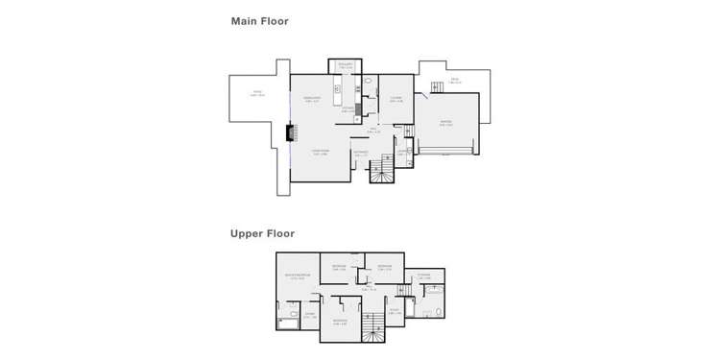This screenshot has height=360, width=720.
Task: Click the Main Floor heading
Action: (259, 21)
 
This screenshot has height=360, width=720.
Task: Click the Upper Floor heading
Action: (262, 233)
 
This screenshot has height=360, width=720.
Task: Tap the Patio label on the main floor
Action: (256, 94)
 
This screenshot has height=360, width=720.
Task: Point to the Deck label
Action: (455, 82)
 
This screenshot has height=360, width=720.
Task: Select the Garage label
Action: (446, 122)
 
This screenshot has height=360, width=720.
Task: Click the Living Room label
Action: (320, 152)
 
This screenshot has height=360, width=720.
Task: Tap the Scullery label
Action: (346, 65)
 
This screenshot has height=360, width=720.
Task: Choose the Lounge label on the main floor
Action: (395, 98)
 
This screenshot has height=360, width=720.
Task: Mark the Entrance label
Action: (360, 152)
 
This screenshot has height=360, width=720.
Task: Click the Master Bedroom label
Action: (295, 277)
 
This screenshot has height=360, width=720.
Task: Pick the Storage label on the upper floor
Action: (423, 277)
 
